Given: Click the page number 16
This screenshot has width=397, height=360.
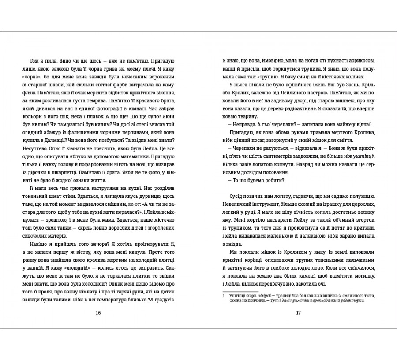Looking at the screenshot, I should [x=98, y=313].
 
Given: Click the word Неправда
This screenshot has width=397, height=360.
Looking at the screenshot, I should [x=243, y=126].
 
